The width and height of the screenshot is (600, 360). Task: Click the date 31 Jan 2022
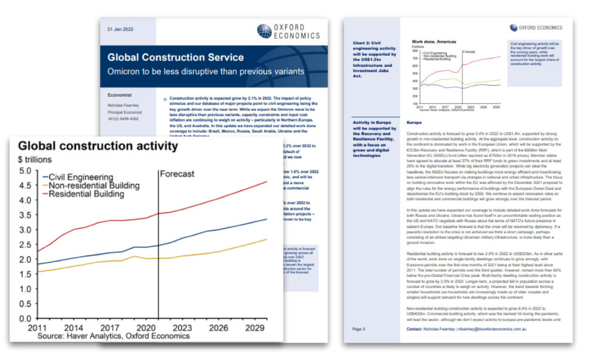coord(119,29)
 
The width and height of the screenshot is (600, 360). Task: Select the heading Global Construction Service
coord(175,57)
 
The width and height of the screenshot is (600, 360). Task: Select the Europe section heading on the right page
coord(414,123)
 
